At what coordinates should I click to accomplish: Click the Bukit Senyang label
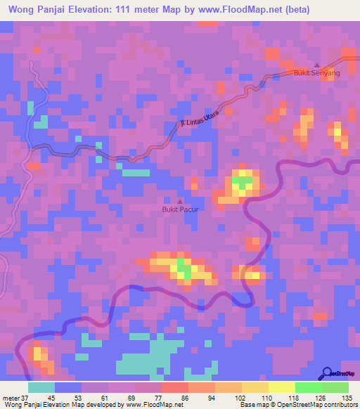click(316, 73)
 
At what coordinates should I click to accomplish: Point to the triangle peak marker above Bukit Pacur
click(180, 202)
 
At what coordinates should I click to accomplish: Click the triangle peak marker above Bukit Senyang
click(316, 65)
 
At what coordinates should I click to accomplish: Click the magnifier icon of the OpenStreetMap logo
click(327, 374)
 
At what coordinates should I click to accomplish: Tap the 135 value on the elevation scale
click(348, 398)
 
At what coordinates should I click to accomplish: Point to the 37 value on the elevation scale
click(24, 398)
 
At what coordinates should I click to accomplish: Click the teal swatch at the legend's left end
click(41, 387)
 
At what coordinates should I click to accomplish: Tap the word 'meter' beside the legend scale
click(11, 398)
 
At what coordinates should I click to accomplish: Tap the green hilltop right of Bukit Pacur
click(243, 184)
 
